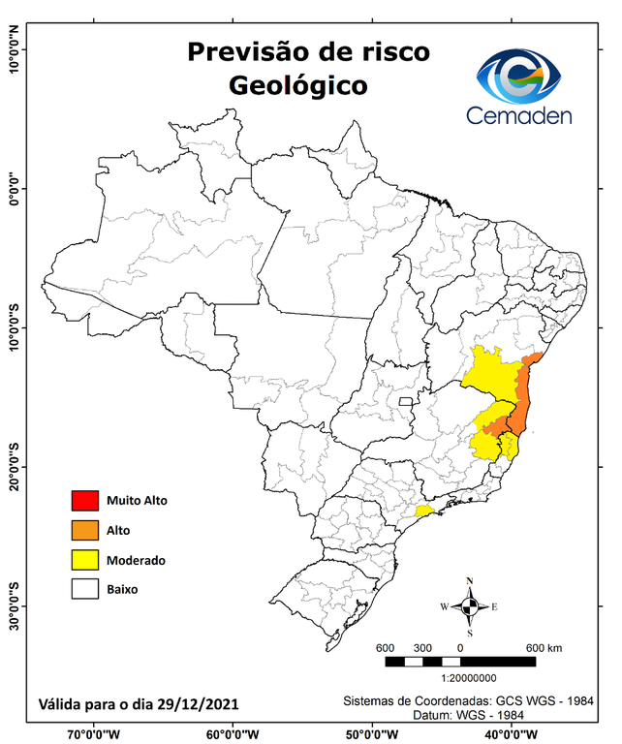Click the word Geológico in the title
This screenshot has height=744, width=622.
(298, 85)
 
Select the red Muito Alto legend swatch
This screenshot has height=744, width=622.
(85, 501)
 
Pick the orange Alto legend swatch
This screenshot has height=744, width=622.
(85, 530)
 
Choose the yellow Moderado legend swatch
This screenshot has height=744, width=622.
(85, 559)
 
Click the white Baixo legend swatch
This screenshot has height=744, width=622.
(85, 588)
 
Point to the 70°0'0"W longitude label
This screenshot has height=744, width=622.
(94, 733)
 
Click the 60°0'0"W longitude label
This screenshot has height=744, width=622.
(233, 733)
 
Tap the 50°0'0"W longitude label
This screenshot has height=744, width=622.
(372, 733)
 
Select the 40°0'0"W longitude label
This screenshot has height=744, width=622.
(511, 733)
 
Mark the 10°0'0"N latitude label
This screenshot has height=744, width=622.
(14, 48)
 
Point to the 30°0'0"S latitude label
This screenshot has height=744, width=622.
(14, 605)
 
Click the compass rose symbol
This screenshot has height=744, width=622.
(470, 606)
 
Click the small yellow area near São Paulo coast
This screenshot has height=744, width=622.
(423, 511)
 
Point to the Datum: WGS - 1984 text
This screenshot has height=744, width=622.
(468, 714)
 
